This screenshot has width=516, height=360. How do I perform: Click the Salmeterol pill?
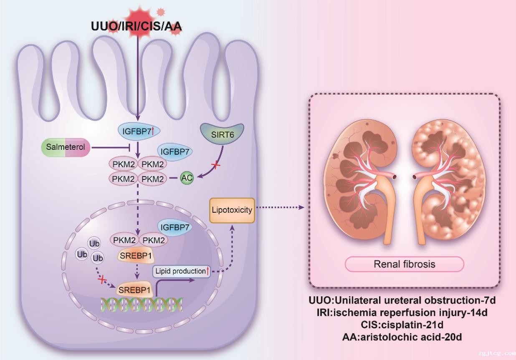[x=65, y=148]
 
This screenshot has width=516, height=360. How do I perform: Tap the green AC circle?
[x=187, y=178]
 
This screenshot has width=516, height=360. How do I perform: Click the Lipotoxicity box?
[x=232, y=209]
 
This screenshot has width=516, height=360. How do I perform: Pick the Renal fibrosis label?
[x=404, y=264]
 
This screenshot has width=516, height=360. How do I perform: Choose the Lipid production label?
[x=181, y=271]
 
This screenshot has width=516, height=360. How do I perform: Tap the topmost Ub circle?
[x=94, y=243]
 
